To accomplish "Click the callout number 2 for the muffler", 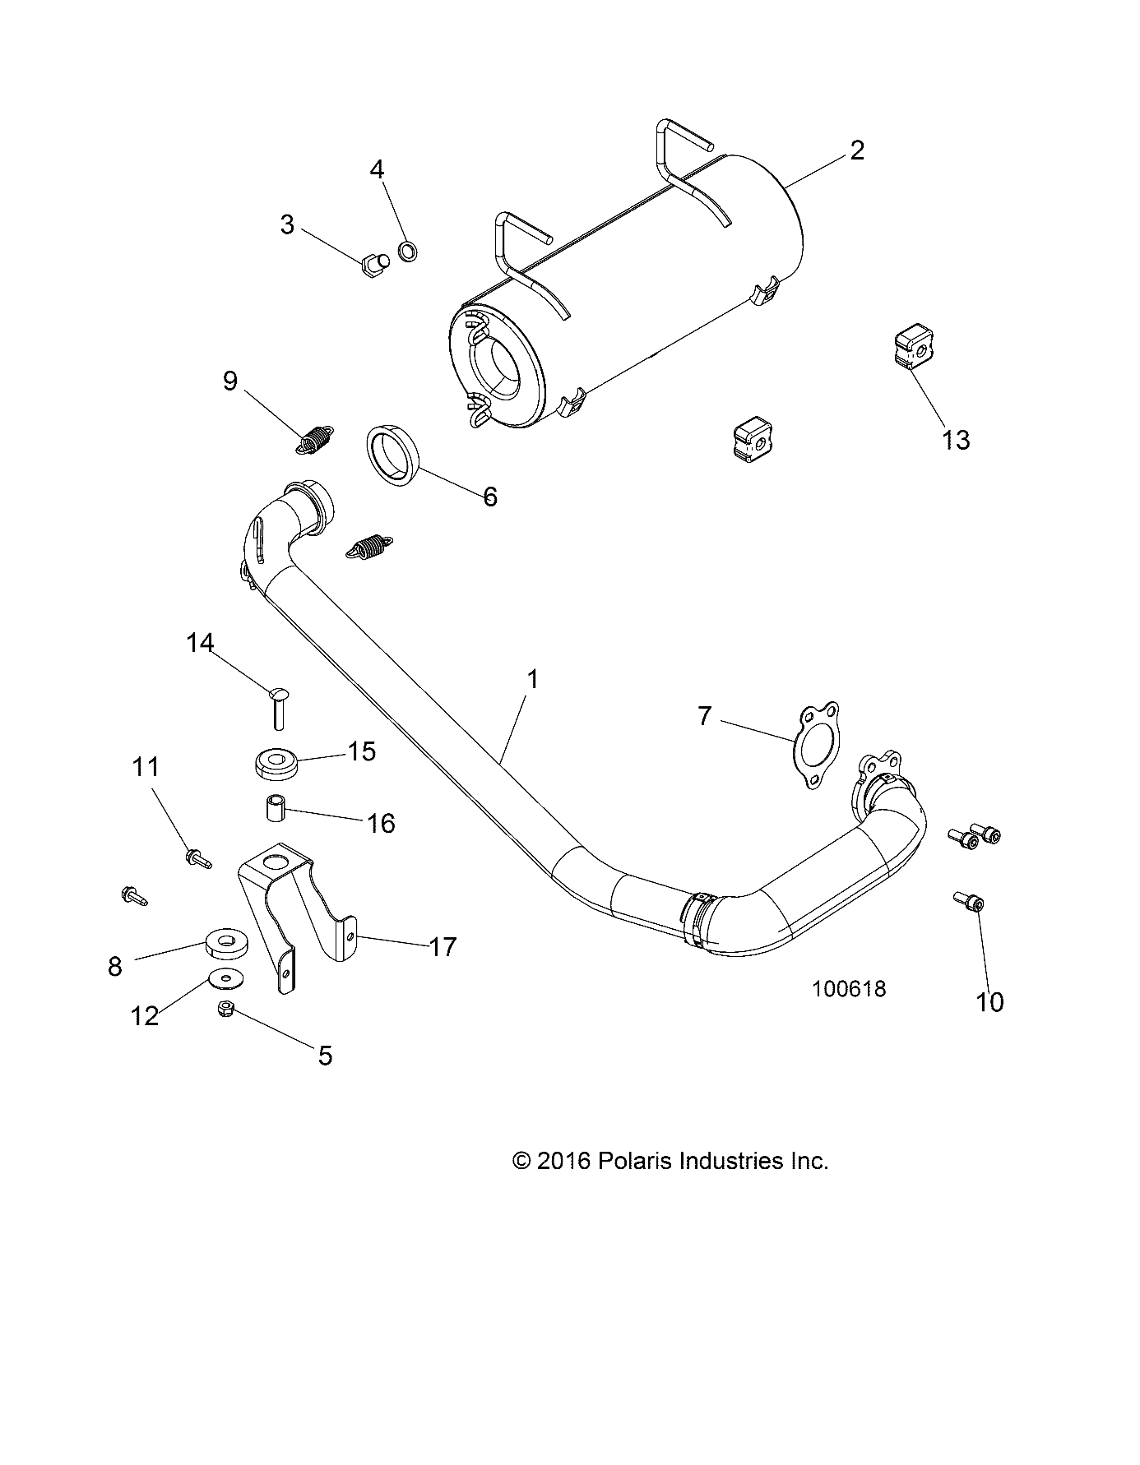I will pyautogui.click(x=856, y=150).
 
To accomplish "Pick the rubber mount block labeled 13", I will pyautogui.click(x=914, y=349).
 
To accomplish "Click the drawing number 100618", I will pyautogui.click(x=849, y=988).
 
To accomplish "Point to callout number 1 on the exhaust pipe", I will pyautogui.click(x=532, y=679).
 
